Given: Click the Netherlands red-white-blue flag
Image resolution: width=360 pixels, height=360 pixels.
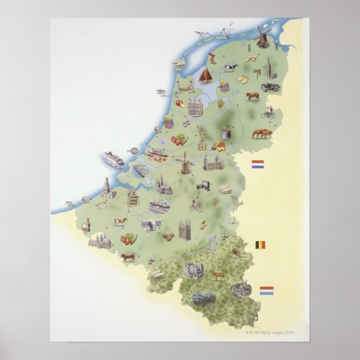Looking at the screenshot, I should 257,164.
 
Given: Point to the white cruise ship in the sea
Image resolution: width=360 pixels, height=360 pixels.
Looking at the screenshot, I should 113,160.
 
